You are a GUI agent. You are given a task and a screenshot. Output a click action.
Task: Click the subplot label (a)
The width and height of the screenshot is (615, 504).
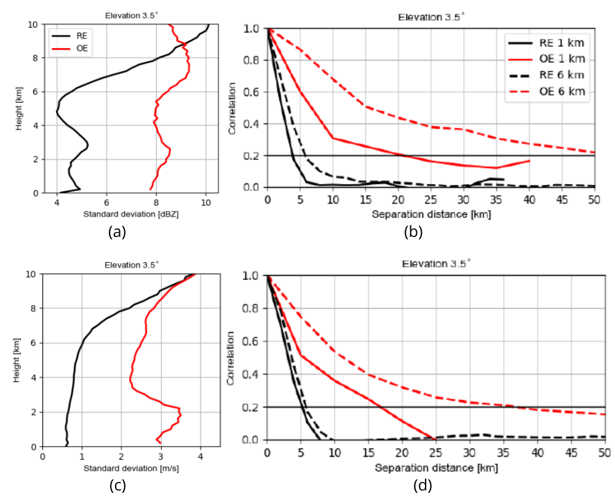(x=117, y=232)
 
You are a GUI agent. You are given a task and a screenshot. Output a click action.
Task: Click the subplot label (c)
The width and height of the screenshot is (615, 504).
(x=117, y=486)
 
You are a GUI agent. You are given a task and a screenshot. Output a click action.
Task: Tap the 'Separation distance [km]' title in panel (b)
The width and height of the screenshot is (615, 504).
(x=430, y=214)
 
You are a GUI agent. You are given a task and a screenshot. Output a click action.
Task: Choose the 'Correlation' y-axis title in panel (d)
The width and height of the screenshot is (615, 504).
(x=232, y=358)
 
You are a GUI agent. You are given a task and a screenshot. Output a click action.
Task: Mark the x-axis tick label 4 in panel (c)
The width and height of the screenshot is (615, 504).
(x=200, y=456)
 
